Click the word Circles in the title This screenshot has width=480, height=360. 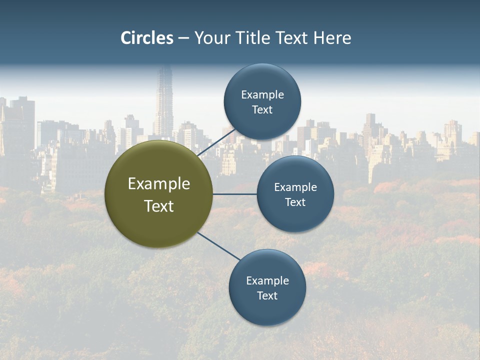coord(147,38)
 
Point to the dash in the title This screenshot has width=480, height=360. coord(183,38)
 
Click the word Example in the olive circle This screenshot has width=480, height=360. coord(159,183)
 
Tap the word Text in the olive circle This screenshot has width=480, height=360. coord(159,206)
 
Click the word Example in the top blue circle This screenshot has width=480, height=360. coord(262,94)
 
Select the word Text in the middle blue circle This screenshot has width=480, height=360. coord(295,202)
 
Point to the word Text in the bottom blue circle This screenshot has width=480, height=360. coord(267,295)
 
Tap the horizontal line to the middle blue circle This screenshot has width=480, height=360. coord(235,194)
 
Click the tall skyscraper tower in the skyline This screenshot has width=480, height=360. coord(164,100)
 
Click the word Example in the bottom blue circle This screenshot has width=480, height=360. coord(267,280)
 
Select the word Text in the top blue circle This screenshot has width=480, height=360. coord(262,109)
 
